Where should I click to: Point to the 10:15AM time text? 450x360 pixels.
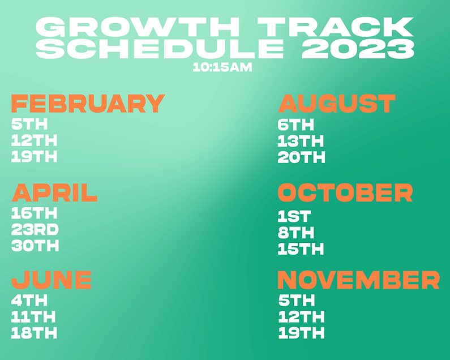coord(222,67)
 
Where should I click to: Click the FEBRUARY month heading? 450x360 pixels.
coord(88,104)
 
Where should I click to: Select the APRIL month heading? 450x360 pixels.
coord(54,193)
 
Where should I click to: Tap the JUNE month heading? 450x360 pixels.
coord(52,280)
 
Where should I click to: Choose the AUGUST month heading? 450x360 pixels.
coord(336,104)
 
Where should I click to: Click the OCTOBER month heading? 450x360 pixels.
coord(345,193)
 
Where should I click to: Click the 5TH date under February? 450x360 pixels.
coord(29,125)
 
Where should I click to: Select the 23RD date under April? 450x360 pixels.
coord(35,230)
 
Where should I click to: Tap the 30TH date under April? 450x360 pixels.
coord(35,246)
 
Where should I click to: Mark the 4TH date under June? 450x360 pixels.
coord(29,301)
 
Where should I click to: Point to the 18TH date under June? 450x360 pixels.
coord(35,333)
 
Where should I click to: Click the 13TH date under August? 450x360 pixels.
coord(301,141)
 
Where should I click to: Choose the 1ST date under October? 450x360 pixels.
coord(294,216)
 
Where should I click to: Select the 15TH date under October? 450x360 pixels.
coord(301,248)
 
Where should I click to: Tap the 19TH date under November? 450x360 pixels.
coord(301,332)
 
